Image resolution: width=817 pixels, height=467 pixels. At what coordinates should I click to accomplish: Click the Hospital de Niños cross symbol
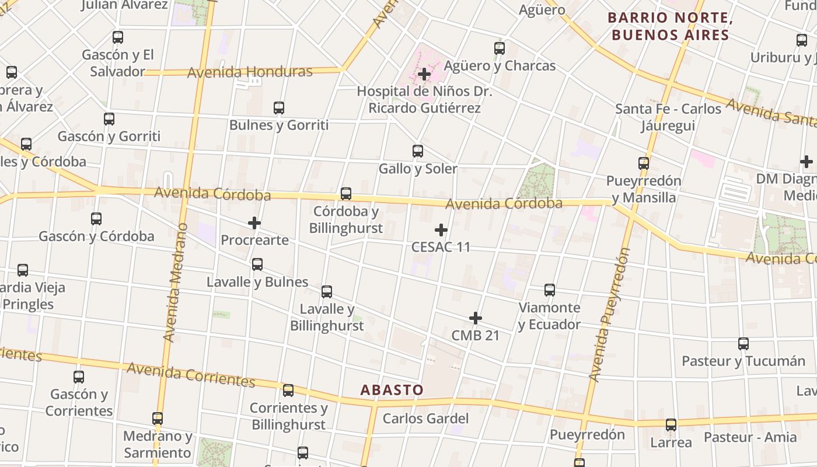(x=424, y=74)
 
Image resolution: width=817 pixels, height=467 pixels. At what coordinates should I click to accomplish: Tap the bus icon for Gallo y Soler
(x=418, y=151)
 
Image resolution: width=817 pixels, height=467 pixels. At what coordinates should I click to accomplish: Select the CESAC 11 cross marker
(x=441, y=229)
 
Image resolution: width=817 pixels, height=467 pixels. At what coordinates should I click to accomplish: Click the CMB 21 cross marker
(x=476, y=318)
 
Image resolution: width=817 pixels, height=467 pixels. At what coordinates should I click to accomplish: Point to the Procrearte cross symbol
(x=254, y=222)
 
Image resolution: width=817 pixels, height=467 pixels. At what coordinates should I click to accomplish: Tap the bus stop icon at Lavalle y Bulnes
(x=257, y=264)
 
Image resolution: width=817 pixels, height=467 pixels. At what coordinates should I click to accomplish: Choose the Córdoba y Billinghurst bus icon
(x=346, y=194)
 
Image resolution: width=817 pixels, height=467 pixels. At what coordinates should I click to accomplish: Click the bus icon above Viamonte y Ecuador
(x=550, y=290)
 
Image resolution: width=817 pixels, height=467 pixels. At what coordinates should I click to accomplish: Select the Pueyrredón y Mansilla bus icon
(x=644, y=163)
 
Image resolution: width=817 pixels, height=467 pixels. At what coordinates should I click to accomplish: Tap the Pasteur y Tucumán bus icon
(x=743, y=344)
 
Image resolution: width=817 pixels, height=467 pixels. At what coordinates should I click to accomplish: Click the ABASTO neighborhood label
(x=392, y=390)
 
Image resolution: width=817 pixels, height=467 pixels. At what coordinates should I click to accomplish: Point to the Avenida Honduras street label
(x=250, y=72)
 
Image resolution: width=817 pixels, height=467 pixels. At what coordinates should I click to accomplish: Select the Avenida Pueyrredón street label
(x=610, y=315)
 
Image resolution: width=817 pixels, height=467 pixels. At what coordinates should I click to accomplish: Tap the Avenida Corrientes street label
(x=191, y=374)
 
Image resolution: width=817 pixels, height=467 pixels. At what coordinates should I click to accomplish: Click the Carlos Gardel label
(x=425, y=419)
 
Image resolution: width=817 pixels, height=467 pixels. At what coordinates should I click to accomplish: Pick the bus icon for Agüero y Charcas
(x=500, y=48)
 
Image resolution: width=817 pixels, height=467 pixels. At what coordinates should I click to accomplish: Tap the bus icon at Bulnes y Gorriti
(x=279, y=108)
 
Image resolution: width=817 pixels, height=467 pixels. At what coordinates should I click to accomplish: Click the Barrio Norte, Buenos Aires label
(x=670, y=26)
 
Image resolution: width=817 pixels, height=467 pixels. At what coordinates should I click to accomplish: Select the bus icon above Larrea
(x=671, y=425)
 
